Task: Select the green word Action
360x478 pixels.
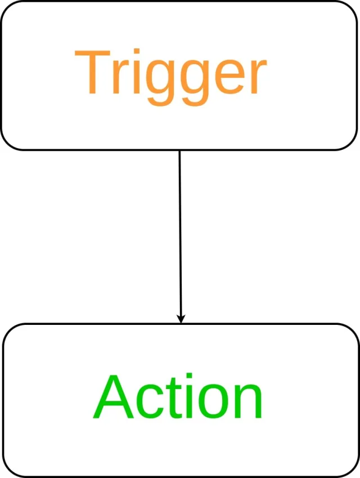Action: coord(178,397)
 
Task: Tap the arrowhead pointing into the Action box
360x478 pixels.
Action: coord(181,319)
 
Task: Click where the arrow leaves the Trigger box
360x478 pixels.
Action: coord(179,151)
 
